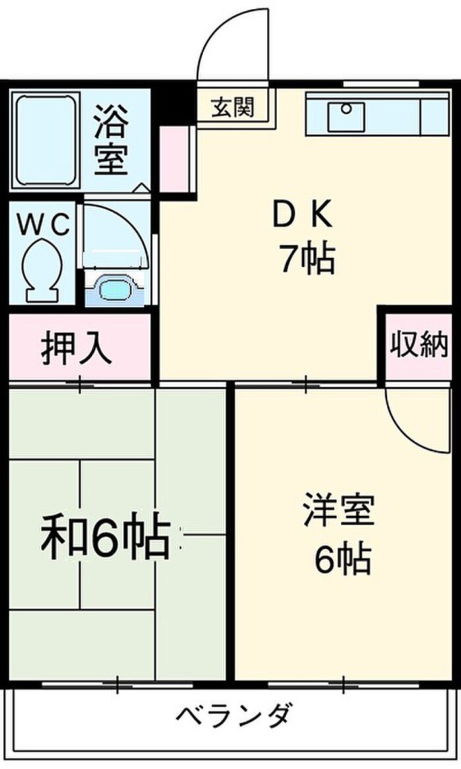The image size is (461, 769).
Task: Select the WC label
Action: (x=43, y=226)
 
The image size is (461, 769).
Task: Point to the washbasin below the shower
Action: (x=115, y=287)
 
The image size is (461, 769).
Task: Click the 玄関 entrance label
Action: (x=232, y=106)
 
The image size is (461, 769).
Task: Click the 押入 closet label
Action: (x=76, y=349)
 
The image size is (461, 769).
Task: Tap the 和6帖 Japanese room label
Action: (x=105, y=536)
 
